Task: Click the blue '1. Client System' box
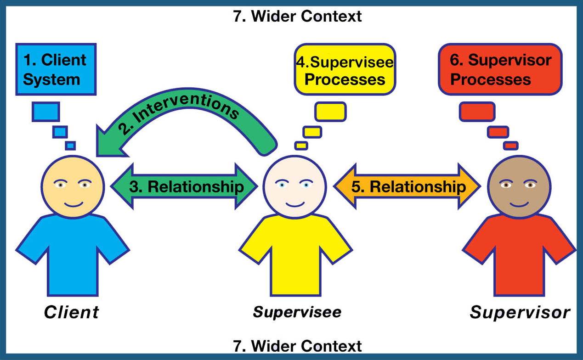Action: [56, 69]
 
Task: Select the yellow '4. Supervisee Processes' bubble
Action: [345, 69]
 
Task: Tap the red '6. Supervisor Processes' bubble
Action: [500, 69]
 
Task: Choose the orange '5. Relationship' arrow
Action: [407, 186]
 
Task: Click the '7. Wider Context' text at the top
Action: [298, 16]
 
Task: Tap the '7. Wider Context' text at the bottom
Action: [298, 345]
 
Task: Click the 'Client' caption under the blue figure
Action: [71, 312]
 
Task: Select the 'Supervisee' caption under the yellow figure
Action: [297, 312]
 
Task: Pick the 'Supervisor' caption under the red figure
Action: [520, 312]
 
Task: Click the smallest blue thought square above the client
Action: [70, 146]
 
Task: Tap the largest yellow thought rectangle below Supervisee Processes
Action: [330, 112]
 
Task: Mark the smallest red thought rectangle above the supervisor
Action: [510, 146]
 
